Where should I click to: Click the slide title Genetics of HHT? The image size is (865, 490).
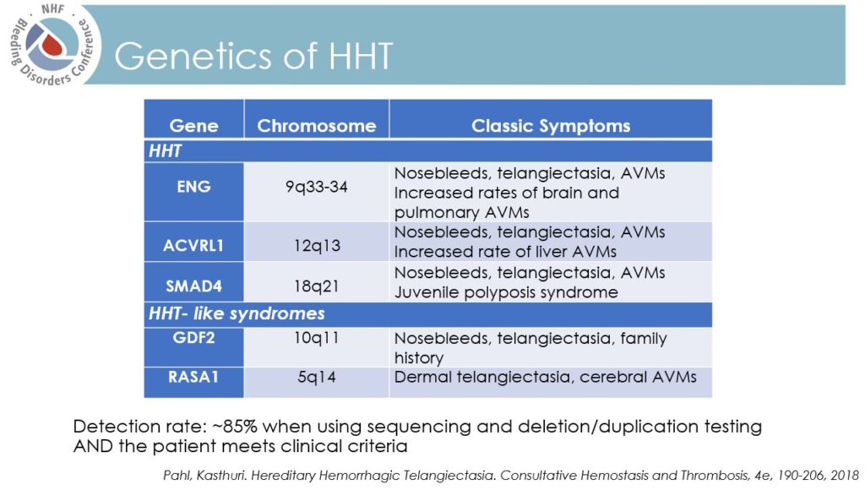[x=253, y=56]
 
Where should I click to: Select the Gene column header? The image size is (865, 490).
[x=193, y=126]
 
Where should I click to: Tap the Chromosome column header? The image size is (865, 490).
[x=316, y=126]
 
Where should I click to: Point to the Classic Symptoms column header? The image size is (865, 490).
[x=550, y=126]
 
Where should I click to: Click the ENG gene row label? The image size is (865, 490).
[x=193, y=186]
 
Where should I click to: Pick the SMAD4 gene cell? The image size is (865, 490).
[x=193, y=286]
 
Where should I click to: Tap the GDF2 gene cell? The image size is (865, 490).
[x=193, y=338]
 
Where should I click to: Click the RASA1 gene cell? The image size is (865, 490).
[x=193, y=377]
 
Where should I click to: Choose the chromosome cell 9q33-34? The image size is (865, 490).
[x=316, y=186]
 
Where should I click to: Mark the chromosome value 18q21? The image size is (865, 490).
[x=316, y=286]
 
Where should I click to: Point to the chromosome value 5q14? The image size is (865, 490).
[x=316, y=377]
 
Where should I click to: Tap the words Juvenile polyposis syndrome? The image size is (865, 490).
[x=505, y=292]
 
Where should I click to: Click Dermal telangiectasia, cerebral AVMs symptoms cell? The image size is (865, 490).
[x=545, y=377]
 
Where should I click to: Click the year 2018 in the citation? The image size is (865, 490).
[x=841, y=474]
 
